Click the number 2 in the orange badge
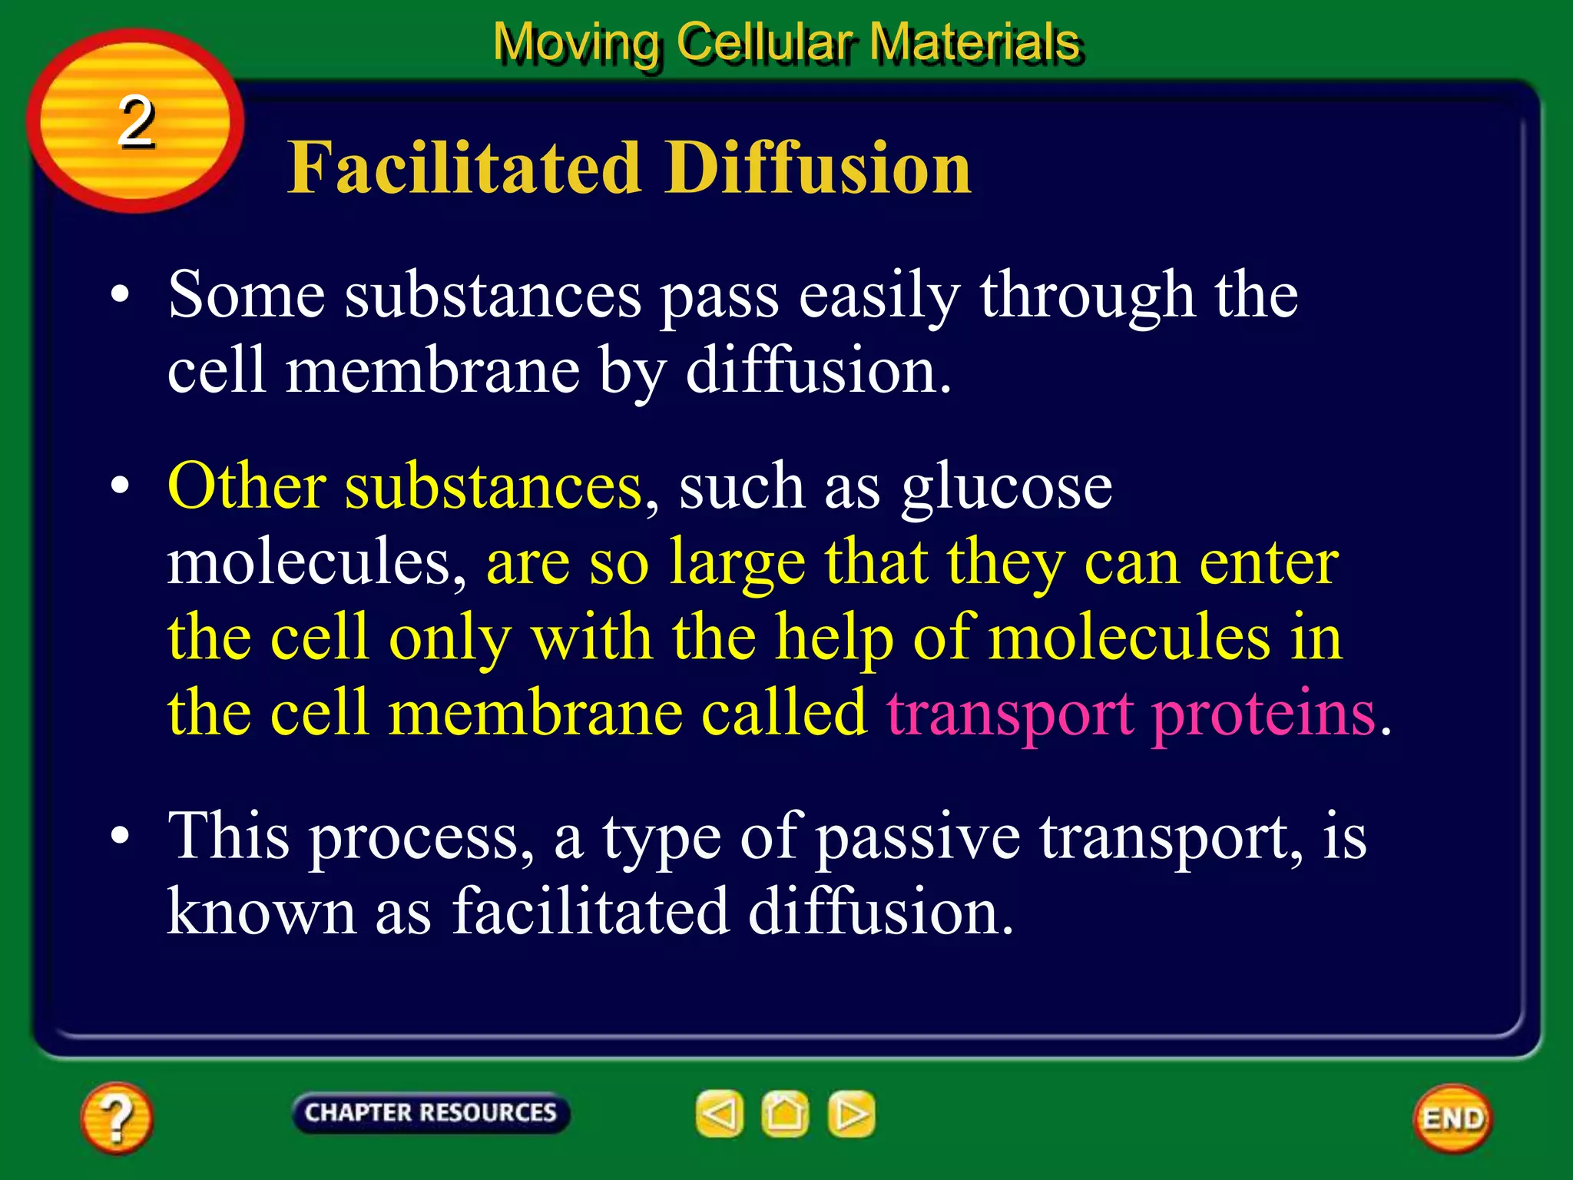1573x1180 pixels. tap(137, 121)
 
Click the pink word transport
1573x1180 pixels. tap(1009, 714)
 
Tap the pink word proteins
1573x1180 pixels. tap(1264, 714)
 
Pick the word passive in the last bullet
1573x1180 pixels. tap(917, 837)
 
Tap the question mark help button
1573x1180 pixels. tap(116, 1118)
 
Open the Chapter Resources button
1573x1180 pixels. tap(430, 1112)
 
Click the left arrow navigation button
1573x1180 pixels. tap(720, 1113)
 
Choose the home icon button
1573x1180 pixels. tap(785, 1113)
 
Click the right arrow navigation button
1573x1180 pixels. tap(851, 1113)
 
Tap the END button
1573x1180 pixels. tap(1452, 1119)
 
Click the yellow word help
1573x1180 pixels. tap(834, 639)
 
